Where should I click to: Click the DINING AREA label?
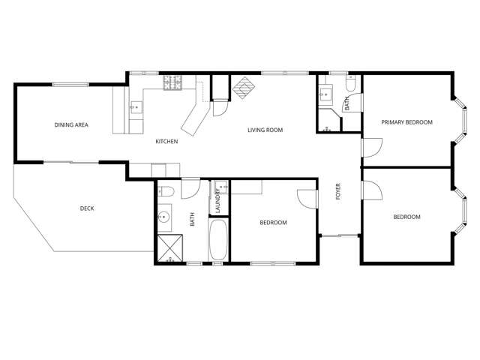tap(71, 125)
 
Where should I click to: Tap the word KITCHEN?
tap(166, 142)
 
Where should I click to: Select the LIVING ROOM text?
tap(265, 130)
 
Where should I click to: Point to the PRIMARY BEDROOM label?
tap(406, 122)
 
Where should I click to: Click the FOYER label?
tap(338, 193)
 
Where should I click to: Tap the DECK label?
tap(87, 208)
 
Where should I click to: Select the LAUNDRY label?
tap(218, 200)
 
